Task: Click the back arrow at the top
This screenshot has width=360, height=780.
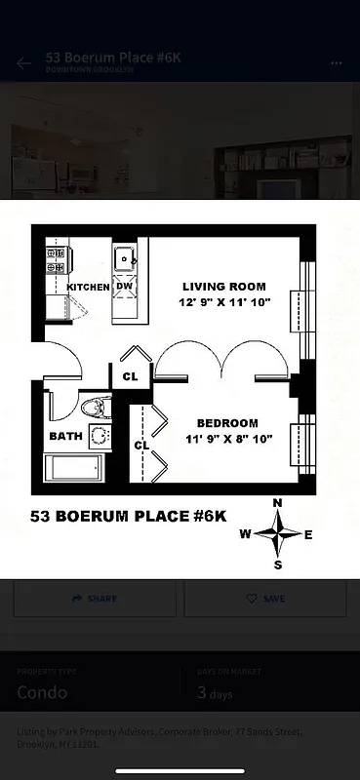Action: click(24, 63)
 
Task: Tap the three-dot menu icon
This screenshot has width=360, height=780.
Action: click(337, 62)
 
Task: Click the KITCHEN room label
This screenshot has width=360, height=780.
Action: click(88, 287)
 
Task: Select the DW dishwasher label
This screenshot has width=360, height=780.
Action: click(125, 287)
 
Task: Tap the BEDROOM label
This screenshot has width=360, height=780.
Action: click(227, 423)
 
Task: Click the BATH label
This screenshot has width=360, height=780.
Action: click(66, 436)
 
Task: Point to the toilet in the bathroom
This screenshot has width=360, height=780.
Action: click(96, 408)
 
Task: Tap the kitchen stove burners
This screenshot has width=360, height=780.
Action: click(55, 259)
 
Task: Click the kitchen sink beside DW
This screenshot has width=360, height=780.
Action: click(125, 258)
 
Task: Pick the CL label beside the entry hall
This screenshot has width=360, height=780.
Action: click(130, 374)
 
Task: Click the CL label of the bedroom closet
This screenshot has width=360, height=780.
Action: click(140, 446)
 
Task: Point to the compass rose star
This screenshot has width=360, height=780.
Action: click(278, 533)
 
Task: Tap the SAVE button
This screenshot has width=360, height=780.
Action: click(264, 598)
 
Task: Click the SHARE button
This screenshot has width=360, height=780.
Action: click(95, 598)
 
